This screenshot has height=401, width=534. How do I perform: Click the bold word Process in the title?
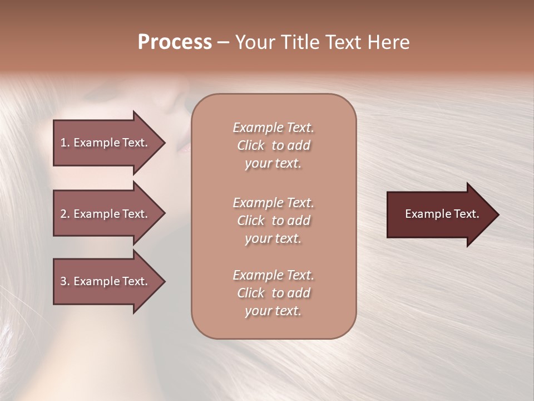tap(175, 42)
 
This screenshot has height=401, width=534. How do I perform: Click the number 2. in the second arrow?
tap(65, 214)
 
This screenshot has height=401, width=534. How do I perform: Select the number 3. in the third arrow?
tap(65, 281)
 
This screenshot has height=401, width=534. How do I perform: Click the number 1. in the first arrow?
tap(65, 143)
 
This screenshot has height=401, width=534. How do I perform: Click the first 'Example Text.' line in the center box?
tap(273, 128)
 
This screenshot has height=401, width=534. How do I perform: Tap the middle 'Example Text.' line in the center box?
tap(273, 202)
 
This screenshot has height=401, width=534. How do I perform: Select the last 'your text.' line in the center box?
tap(273, 311)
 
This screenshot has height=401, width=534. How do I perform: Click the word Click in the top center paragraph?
tap(250, 145)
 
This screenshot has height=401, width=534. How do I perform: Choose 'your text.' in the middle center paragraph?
tap(273, 238)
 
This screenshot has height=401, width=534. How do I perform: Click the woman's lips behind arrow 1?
tap(184, 148)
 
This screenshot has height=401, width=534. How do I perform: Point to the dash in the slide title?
tap(223, 42)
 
